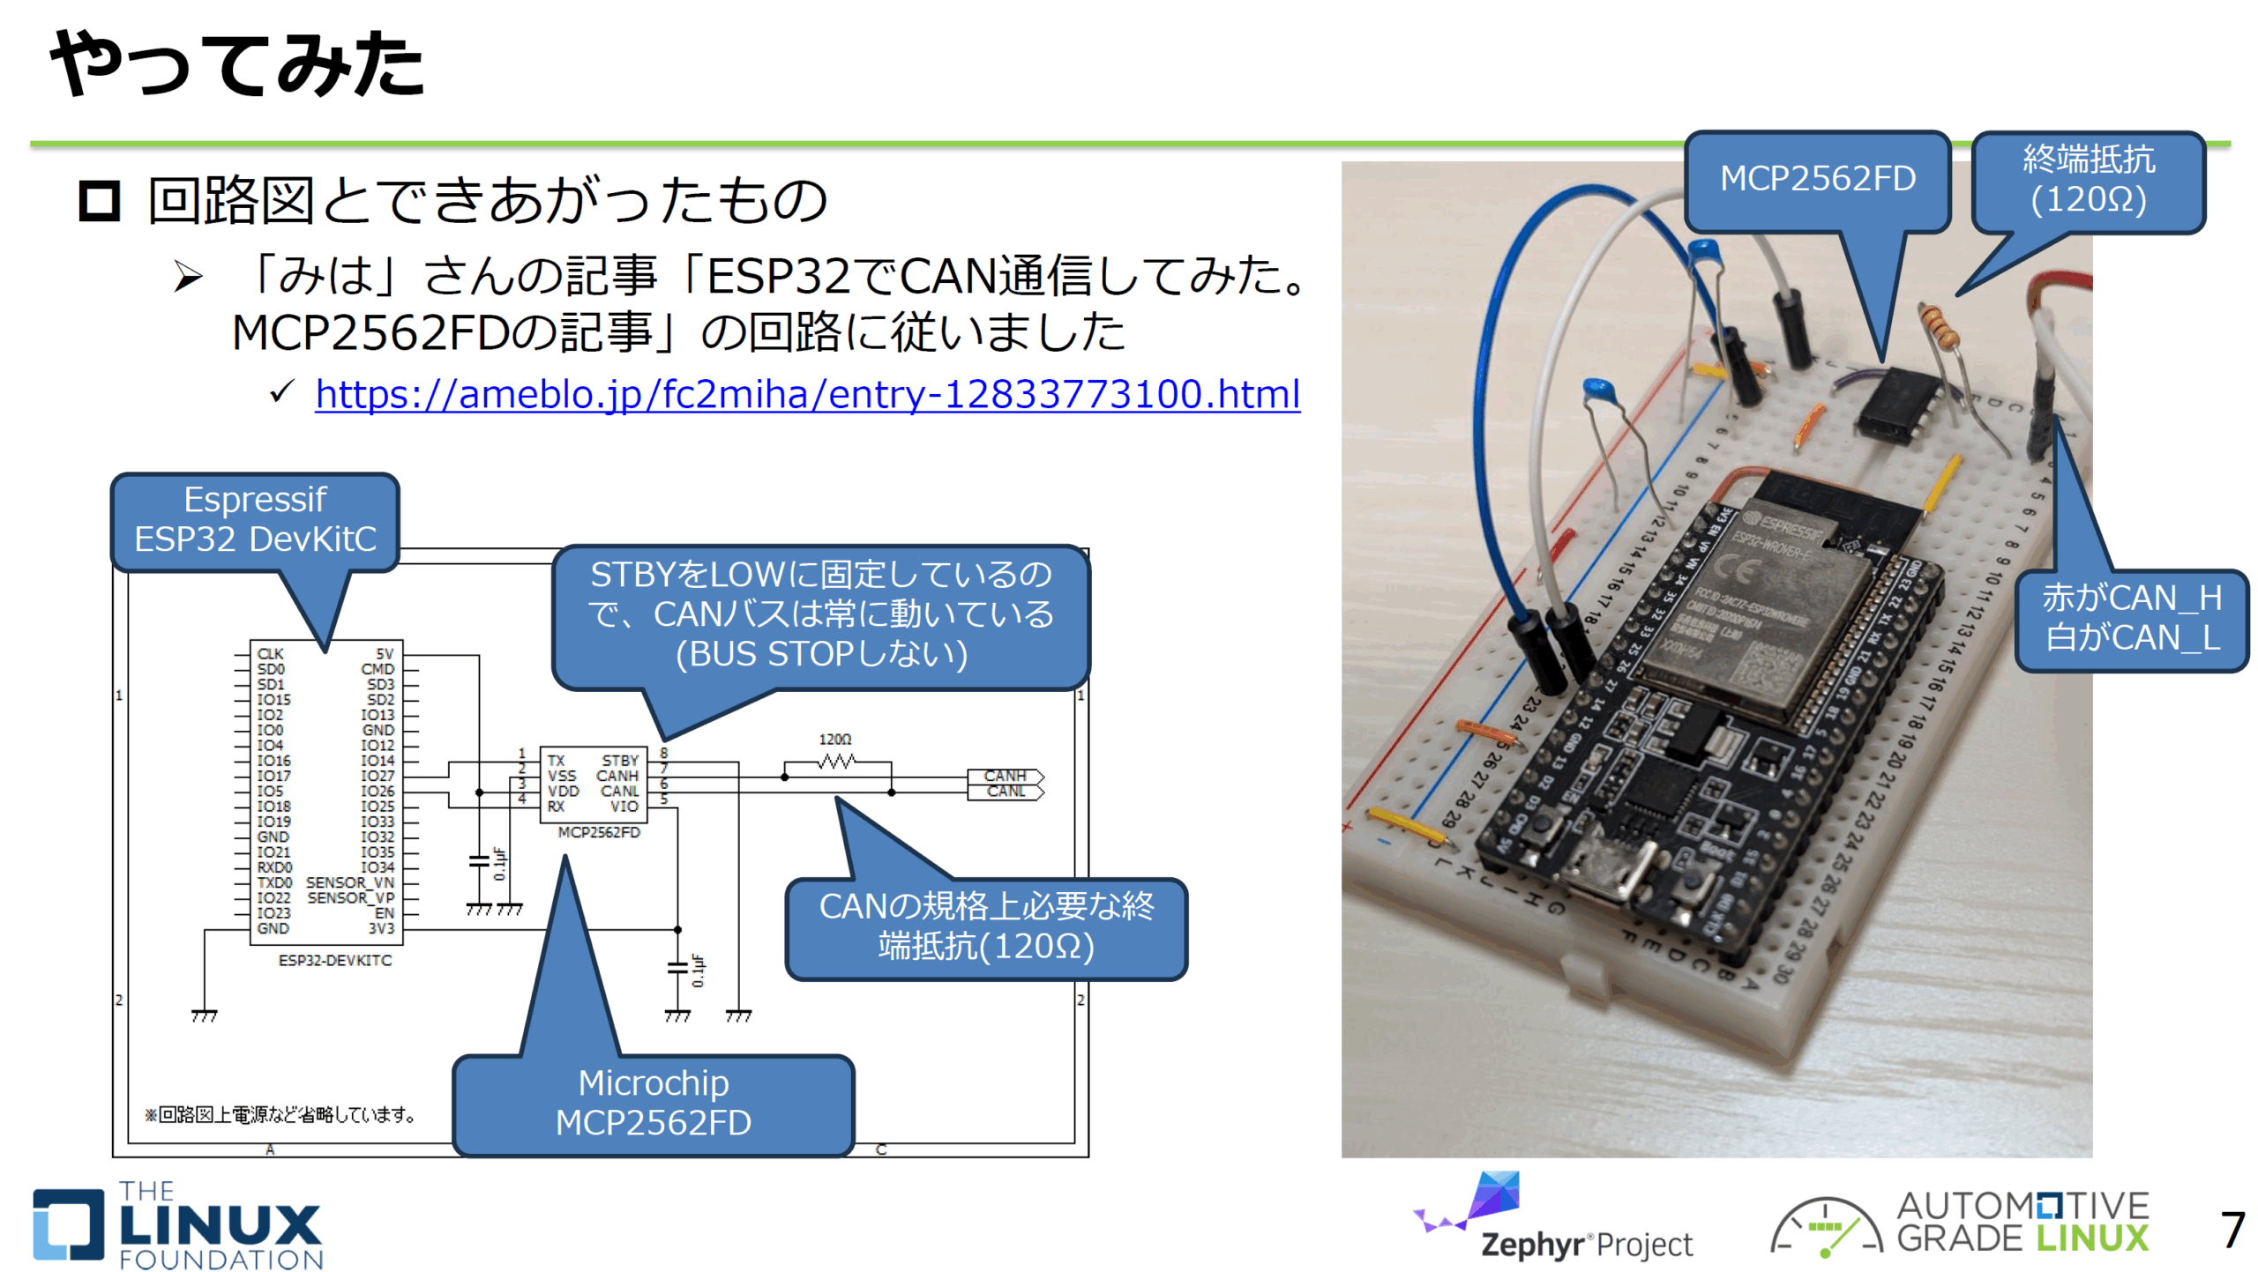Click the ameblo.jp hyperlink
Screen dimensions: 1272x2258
(x=806, y=393)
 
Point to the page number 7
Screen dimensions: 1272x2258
(x=2231, y=1229)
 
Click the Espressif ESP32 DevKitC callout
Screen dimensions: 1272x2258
(x=255, y=520)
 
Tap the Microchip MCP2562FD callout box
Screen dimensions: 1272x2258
(x=653, y=1102)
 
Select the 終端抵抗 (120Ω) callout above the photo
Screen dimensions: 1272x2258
(x=2087, y=180)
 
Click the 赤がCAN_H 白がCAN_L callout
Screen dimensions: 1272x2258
(x=2131, y=618)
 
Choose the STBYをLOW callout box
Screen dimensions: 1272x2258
(x=820, y=614)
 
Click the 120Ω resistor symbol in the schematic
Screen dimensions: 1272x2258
(x=835, y=760)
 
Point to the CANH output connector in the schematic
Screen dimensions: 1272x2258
(x=1005, y=776)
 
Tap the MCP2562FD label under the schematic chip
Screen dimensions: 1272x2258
(x=599, y=832)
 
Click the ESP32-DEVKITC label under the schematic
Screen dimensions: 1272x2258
(x=334, y=960)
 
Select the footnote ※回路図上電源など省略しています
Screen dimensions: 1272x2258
(x=280, y=1115)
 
